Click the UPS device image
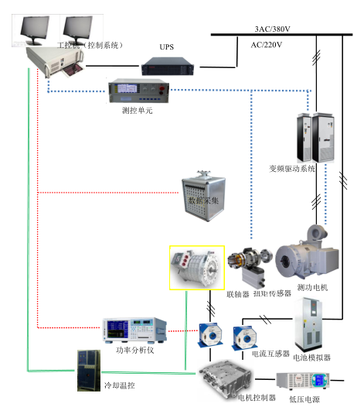pyautogui.click(x=168, y=67)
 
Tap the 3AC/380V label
pyautogui.click(x=272, y=29)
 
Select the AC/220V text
pyautogui.click(x=267, y=45)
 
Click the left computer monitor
pyautogui.click(x=35, y=30)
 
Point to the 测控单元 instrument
pyautogui.click(x=138, y=91)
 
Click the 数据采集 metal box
pyautogui.click(x=203, y=197)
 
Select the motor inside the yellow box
pyautogui.click(x=197, y=268)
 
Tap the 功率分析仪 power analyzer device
pyautogui.click(x=134, y=330)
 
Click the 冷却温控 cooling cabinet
pyautogui.click(x=89, y=371)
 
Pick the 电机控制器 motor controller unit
pyautogui.click(x=225, y=378)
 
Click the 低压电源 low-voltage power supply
pyautogui.click(x=303, y=381)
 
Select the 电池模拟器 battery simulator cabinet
pyautogui.click(x=309, y=325)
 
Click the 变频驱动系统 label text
pyautogui.click(x=292, y=169)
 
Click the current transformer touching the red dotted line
pyautogui.click(x=210, y=334)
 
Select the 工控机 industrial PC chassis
pyautogui.click(x=55, y=62)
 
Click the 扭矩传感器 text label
pyautogui.click(x=272, y=293)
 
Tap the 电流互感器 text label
pyautogui.click(x=270, y=354)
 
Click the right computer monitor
pyautogui.click(x=78, y=29)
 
